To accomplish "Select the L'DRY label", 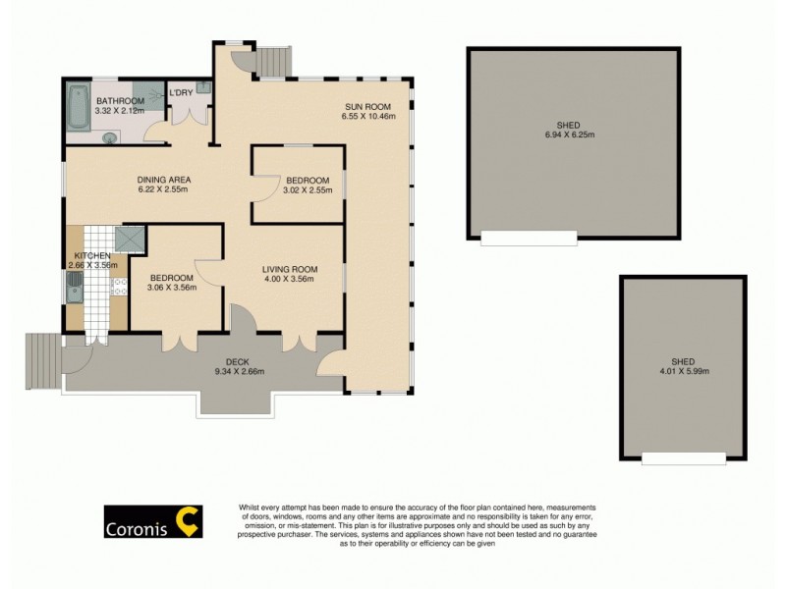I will tap(181, 93).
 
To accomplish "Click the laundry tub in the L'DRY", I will tap(202, 88).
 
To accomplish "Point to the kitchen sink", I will tap(75, 287).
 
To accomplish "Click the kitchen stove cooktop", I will tap(119, 286).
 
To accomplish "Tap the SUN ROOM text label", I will tap(367, 106).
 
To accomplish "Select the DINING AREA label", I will tap(163, 180).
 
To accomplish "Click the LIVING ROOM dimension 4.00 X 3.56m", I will tap(289, 280).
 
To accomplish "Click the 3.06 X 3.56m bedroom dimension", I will tap(172, 289).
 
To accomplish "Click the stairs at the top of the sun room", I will tap(271, 61).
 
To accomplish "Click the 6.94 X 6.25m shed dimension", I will tap(574, 135).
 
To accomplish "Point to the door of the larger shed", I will tap(529, 238).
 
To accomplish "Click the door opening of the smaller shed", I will tap(684, 457).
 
